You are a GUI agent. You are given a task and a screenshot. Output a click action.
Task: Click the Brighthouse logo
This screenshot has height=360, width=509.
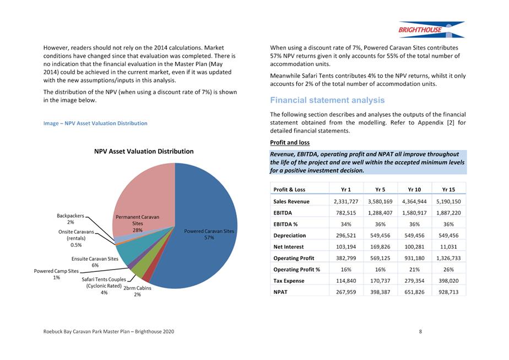click(x=431, y=30)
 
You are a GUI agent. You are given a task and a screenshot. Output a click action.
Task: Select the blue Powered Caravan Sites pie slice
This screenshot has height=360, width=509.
click(x=204, y=221)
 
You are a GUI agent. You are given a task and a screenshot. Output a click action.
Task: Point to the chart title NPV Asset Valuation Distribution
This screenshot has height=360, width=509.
click(x=144, y=151)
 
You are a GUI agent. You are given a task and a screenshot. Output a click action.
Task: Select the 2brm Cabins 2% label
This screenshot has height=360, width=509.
click(x=137, y=291)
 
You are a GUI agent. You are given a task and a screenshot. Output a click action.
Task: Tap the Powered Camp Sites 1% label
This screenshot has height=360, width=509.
click(x=56, y=274)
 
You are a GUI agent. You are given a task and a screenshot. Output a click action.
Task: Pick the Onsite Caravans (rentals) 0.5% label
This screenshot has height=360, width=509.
click(x=77, y=238)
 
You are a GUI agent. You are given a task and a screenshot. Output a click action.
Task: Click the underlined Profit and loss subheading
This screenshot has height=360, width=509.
click(x=290, y=143)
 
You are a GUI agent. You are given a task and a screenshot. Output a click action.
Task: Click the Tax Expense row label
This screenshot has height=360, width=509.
click(x=290, y=281)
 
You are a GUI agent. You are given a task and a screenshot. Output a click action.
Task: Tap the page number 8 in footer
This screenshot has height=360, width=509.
click(x=420, y=331)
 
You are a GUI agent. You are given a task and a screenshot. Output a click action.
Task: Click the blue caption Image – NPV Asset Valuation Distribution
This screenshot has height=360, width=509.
click(x=95, y=123)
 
